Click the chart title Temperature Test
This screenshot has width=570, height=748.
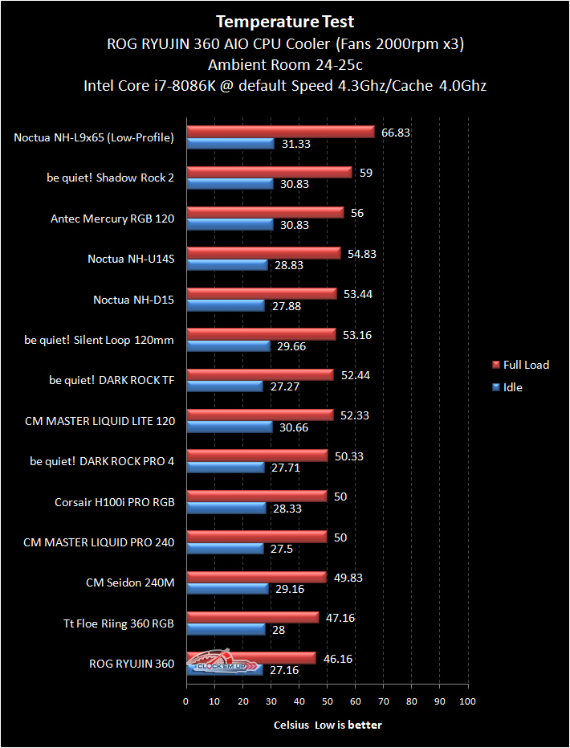click(x=285, y=22)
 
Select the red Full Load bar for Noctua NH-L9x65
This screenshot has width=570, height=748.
click(x=280, y=132)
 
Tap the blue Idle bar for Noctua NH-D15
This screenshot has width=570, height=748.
click(x=225, y=305)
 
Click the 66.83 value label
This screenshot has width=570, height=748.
click(x=396, y=132)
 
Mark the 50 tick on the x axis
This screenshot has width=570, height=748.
click(x=327, y=701)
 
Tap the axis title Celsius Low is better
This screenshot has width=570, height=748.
click(x=327, y=725)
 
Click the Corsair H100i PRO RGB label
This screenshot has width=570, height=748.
click(x=114, y=502)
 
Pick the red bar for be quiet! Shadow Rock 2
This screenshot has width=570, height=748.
click(x=269, y=172)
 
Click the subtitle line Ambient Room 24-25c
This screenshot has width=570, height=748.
click(x=285, y=64)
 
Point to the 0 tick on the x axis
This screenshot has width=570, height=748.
click(x=186, y=701)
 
